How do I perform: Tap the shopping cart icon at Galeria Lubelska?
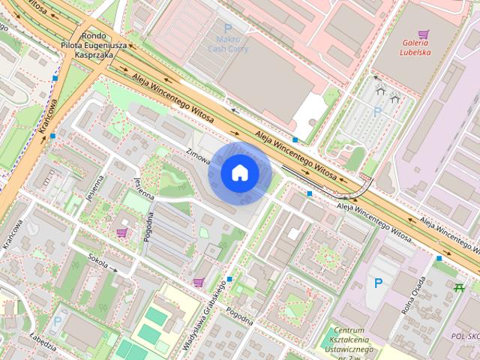tap(424, 34)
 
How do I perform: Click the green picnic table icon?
tap(460, 286)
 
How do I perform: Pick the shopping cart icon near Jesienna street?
tap(121, 233)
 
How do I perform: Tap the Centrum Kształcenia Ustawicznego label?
tap(354, 341)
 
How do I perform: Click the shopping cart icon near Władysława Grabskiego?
tap(198, 282)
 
